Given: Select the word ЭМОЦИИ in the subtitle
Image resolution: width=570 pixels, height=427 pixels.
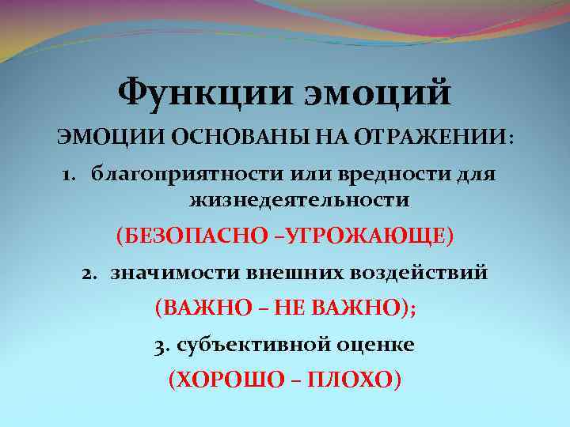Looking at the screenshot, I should click(x=97, y=138).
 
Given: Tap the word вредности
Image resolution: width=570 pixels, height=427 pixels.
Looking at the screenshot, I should click(x=366, y=173).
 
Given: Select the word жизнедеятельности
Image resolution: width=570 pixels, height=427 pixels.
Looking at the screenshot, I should click(x=299, y=200).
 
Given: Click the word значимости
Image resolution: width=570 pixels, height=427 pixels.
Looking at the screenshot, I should click(x=163, y=274).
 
